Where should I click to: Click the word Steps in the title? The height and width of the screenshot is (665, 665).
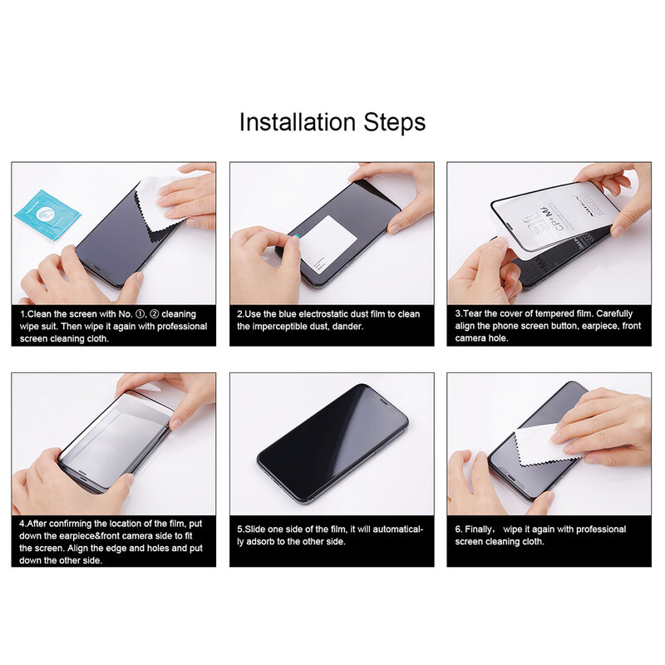click(x=395, y=122)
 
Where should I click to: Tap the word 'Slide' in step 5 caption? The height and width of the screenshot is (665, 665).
click(x=255, y=530)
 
